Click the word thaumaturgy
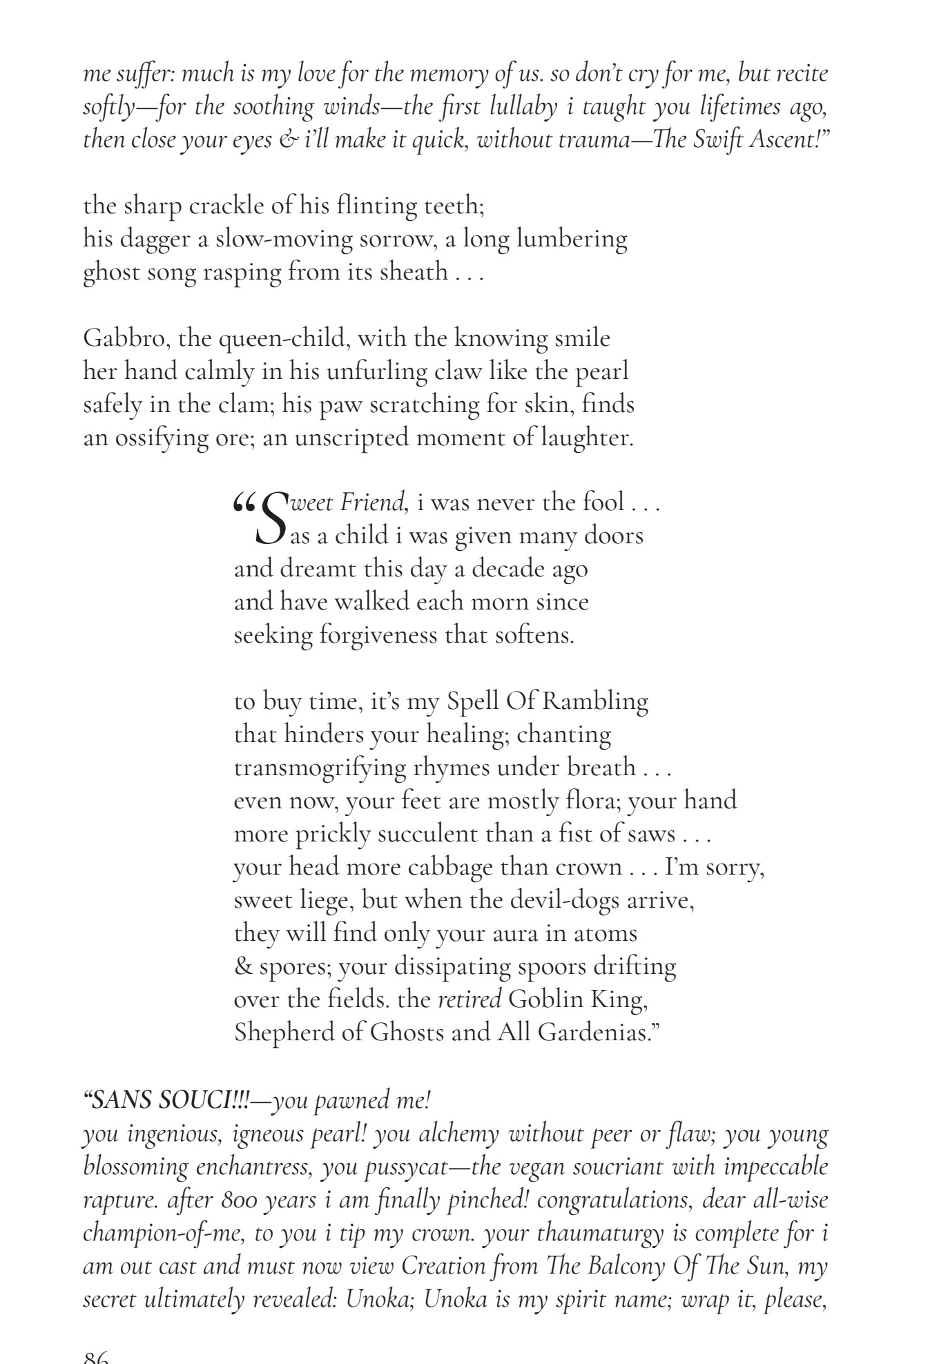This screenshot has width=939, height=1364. coord(596,1234)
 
